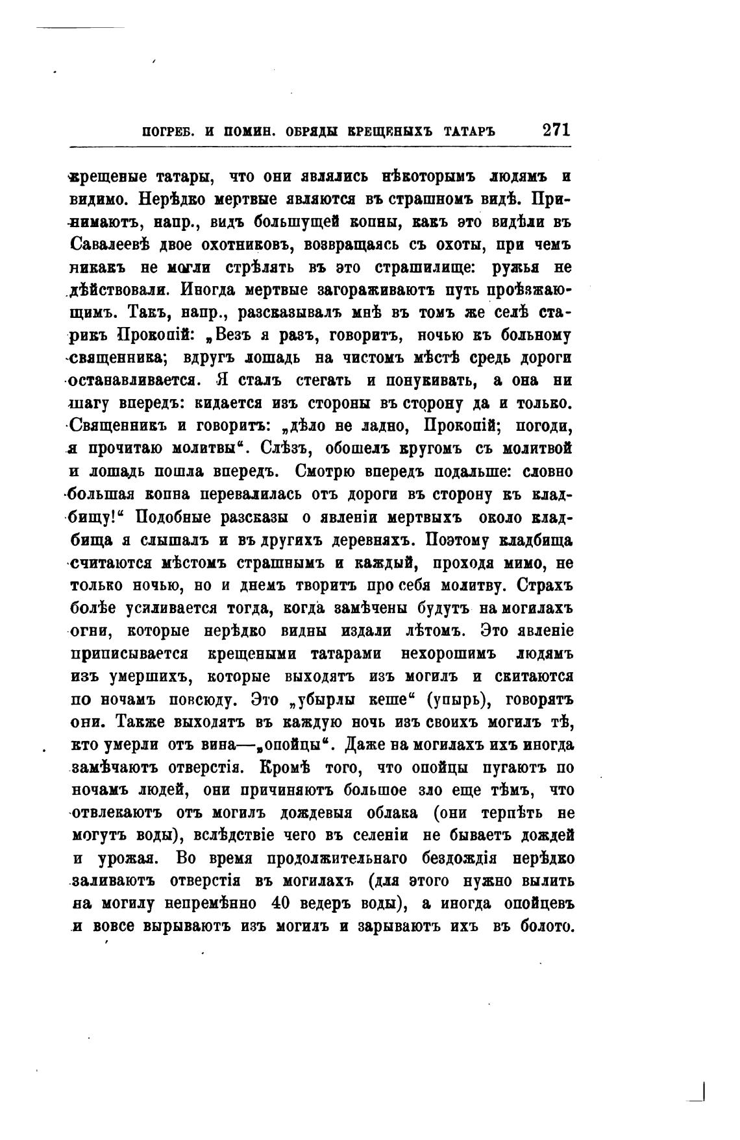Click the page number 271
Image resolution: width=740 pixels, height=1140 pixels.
pos(556,129)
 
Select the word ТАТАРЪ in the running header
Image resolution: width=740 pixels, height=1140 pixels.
pos(470,131)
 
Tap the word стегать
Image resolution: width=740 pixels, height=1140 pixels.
pos(316,380)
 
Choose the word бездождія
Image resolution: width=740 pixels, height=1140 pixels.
pos(458,858)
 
